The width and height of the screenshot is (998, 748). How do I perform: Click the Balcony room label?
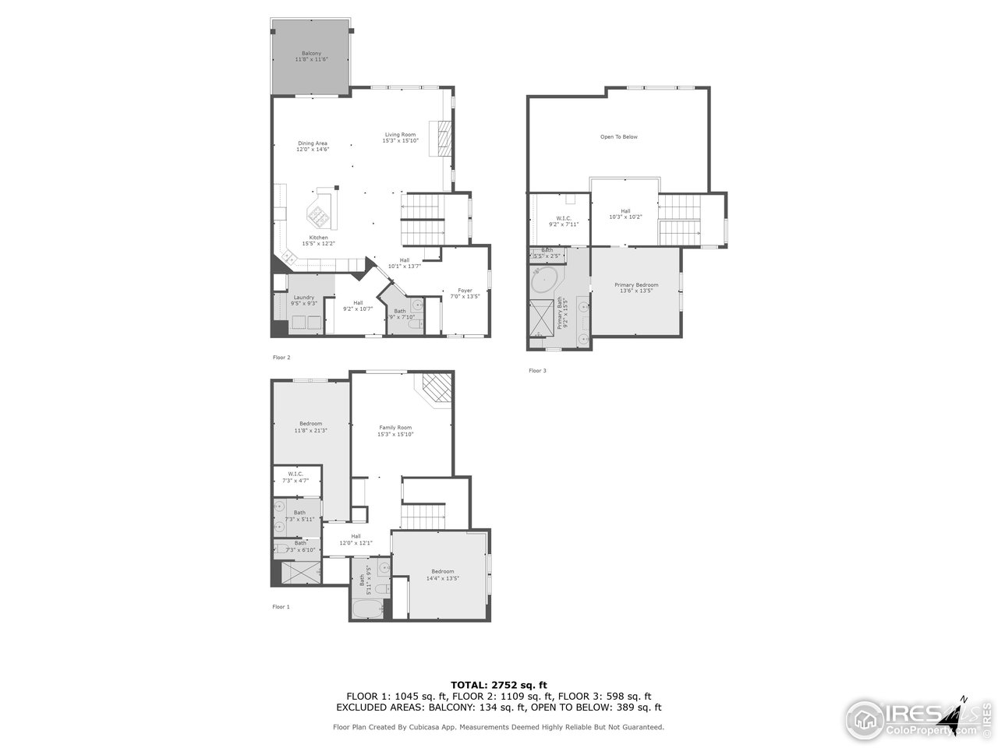click(x=311, y=56)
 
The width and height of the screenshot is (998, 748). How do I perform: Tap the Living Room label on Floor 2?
click(x=400, y=137)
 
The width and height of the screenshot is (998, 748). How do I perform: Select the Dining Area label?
click(x=312, y=146)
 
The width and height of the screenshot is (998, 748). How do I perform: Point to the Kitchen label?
click(x=318, y=240)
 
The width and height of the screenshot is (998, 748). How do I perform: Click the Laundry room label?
click(x=303, y=300)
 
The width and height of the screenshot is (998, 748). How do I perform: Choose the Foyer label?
click(x=465, y=293)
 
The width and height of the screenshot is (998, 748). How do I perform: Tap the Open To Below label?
click(x=618, y=137)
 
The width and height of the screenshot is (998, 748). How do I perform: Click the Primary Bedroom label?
click(x=636, y=288)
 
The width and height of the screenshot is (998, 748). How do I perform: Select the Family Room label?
click(x=395, y=430)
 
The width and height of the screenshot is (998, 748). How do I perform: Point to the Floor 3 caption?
click(x=537, y=371)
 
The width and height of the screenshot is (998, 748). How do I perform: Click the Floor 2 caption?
click(x=281, y=358)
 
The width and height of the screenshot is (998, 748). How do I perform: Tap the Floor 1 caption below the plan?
click(x=281, y=606)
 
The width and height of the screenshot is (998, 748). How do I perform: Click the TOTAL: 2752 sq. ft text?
click(x=499, y=685)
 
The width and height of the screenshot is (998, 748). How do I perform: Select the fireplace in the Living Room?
click(x=444, y=139)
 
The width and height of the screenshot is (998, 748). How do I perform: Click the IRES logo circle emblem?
click(x=862, y=716)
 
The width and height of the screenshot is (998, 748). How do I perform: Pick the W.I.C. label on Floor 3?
click(x=563, y=221)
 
